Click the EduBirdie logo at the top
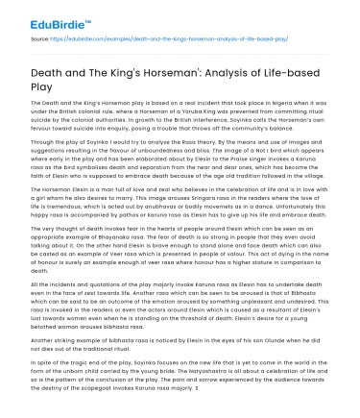[39, 20]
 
